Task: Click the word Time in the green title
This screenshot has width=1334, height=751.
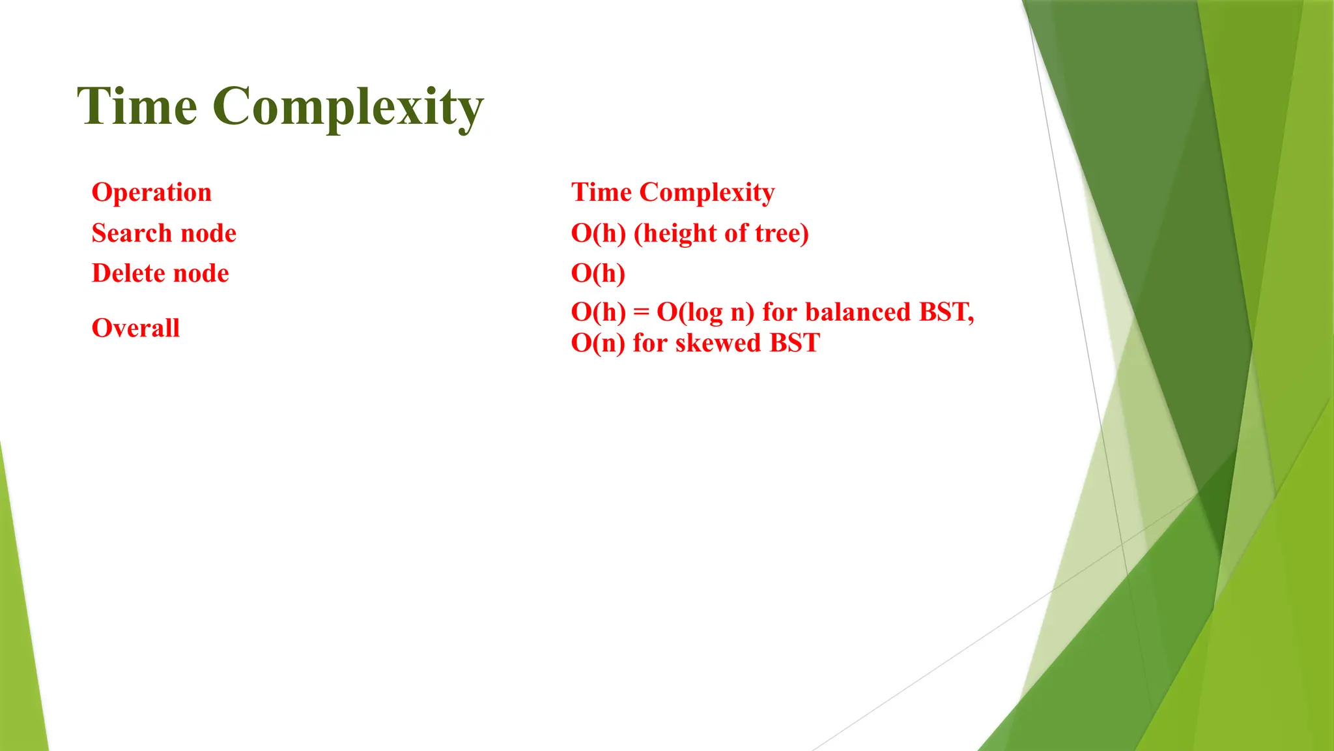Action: coord(137,106)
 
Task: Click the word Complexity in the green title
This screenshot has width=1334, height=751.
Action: coord(348,108)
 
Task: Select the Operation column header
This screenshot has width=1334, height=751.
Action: coord(152,193)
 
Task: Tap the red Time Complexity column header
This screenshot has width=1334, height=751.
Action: coord(673,193)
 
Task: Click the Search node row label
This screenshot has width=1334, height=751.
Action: coord(164,233)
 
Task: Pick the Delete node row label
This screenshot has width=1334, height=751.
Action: coord(160,273)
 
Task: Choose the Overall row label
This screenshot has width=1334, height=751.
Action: coord(135,328)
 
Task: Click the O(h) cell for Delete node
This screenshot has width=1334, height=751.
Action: coord(598,273)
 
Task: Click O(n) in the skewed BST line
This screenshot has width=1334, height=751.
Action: coord(598,344)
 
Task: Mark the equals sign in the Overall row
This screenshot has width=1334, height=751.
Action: coord(642,313)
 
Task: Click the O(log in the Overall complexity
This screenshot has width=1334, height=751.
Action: coord(689,313)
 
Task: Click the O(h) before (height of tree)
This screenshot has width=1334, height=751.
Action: coord(598,233)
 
